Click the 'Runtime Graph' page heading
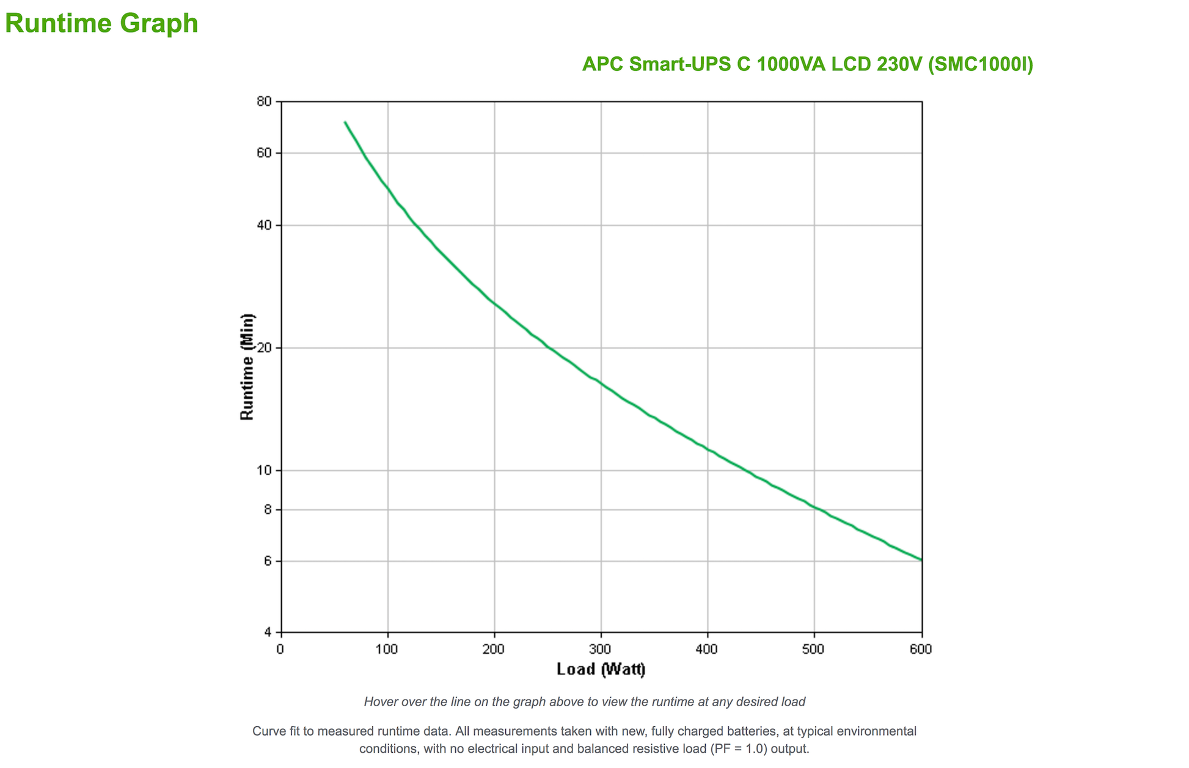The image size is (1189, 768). pos(101,24)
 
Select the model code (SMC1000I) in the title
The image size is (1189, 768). pos(980,64)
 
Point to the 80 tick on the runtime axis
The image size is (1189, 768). pos(264,102)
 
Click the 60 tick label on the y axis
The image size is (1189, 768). pos(264,153)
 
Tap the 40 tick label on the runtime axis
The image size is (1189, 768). pos(264,225)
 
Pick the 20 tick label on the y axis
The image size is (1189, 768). pos(264,348)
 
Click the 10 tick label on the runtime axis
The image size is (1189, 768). pos(264,470)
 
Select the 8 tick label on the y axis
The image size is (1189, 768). pos(268,509)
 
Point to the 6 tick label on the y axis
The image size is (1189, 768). pos(268,561)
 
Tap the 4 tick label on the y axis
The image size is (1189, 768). pos(268,632)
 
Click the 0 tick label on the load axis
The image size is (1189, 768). pos(280,649)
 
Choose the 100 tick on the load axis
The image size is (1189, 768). pos(387,649)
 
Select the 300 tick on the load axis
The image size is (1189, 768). pos(601,649)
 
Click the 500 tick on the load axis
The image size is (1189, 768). pos(814,649)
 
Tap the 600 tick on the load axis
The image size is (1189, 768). pos(921,649)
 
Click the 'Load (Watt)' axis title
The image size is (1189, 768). pos(601,670)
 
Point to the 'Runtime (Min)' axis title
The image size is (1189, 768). pos(247,367)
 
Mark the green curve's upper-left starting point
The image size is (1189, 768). pos(345,122)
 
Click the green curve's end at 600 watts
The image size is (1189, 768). pos(921,559)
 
